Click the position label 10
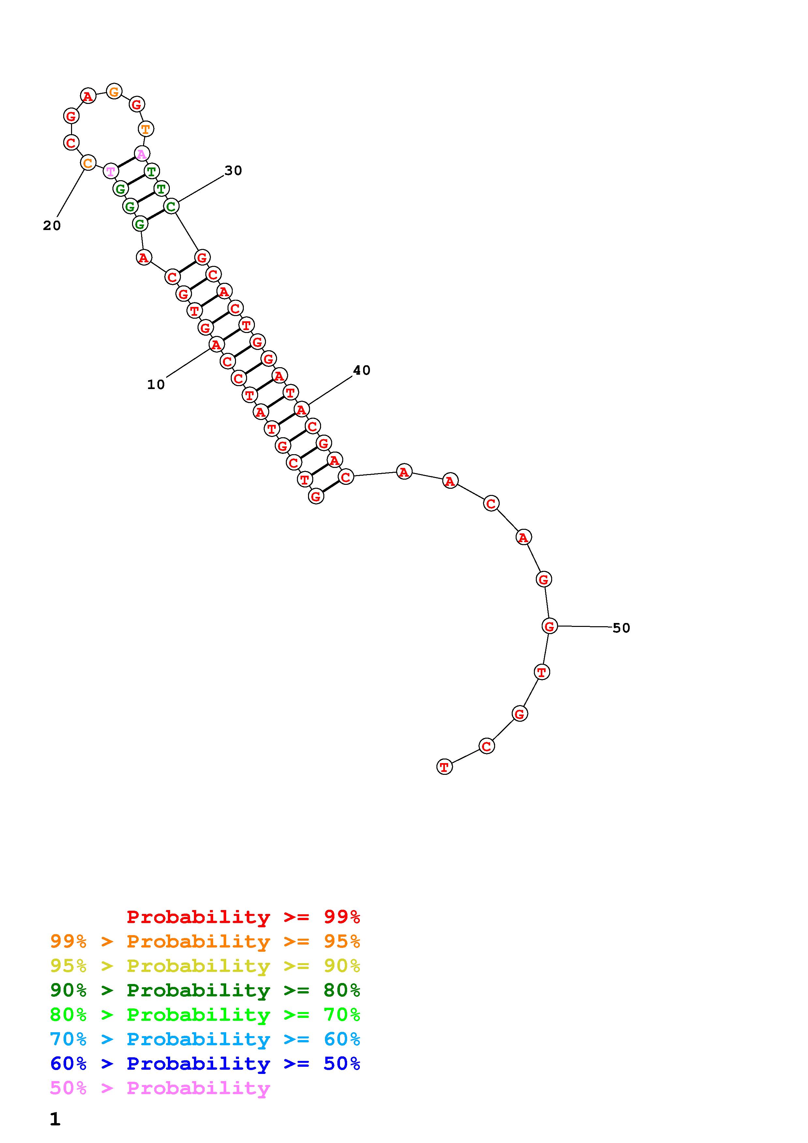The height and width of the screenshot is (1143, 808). pyautogui.click(x=156, y=384)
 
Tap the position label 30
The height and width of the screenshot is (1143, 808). pyautogui.click(x=233, y=170)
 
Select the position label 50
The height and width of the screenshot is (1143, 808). pyautogui.click(x=621, y=628)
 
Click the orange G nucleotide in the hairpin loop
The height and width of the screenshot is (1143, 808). pyautogui.click(x=114, y=91)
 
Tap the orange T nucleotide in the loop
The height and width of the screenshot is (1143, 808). pyautogui.click(x=145, y=129)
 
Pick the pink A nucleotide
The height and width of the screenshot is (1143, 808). pyautogui.click(x=142, y=154)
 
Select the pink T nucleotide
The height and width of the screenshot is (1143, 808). pyautogui.click(x=110, y=171)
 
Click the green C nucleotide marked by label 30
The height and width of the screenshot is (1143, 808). pyautogui.click(x=171, y=206)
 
